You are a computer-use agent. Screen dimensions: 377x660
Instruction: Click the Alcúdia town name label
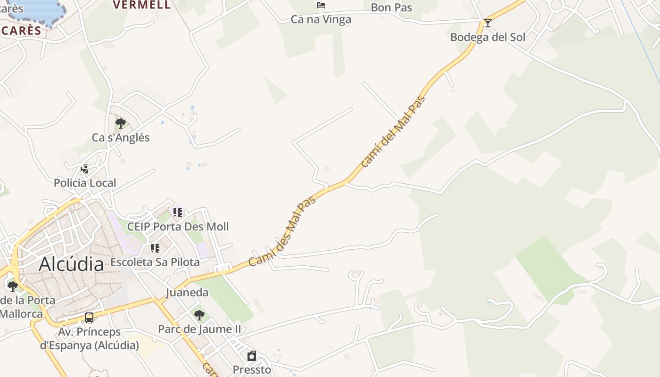[71, 264]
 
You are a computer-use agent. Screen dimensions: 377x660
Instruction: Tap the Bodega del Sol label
[487, 37]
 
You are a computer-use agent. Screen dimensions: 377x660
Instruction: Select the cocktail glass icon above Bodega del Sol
[488, 23]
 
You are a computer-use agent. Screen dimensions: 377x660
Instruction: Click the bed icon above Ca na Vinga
[321, 5]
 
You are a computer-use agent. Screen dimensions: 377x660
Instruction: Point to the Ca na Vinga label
[321, 19]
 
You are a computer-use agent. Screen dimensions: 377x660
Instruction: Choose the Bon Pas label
[391, 8]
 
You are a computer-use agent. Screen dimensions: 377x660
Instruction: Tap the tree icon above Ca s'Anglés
[120, 123]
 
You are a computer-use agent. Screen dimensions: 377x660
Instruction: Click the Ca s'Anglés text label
[120, 138]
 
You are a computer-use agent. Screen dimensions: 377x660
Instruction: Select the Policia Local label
[85, 183]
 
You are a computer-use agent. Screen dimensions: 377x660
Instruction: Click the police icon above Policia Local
[85, 169]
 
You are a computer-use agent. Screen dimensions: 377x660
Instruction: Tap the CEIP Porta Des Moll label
[178, 227]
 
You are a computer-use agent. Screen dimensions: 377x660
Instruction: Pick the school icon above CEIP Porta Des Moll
[177, 213]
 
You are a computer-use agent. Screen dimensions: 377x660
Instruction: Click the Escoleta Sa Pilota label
[155, 262]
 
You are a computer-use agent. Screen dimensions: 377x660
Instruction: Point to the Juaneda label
[187, 292]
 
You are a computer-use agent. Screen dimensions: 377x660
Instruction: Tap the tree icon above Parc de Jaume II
[199, 315]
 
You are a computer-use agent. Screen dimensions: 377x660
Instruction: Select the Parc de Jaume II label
[199, 329]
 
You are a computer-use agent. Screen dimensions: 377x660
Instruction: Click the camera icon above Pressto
[252, 356]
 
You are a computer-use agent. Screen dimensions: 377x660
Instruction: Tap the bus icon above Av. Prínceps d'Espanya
[89, 318]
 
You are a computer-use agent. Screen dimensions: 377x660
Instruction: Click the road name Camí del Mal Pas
[393, 132]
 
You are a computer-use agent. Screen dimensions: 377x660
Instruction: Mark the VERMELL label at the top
[141, 5]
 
